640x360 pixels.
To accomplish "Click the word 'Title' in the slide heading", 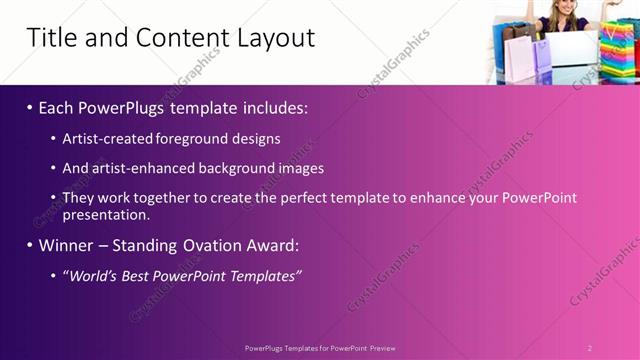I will [48, 38].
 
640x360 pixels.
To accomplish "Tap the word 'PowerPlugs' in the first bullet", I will [122, 106].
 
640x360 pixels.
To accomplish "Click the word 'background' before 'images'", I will [239, 169].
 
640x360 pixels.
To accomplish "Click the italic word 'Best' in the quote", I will [139, 276].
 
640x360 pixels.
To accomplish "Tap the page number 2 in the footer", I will [589, 347].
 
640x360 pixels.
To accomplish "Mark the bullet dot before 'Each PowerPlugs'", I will [30, 107].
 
